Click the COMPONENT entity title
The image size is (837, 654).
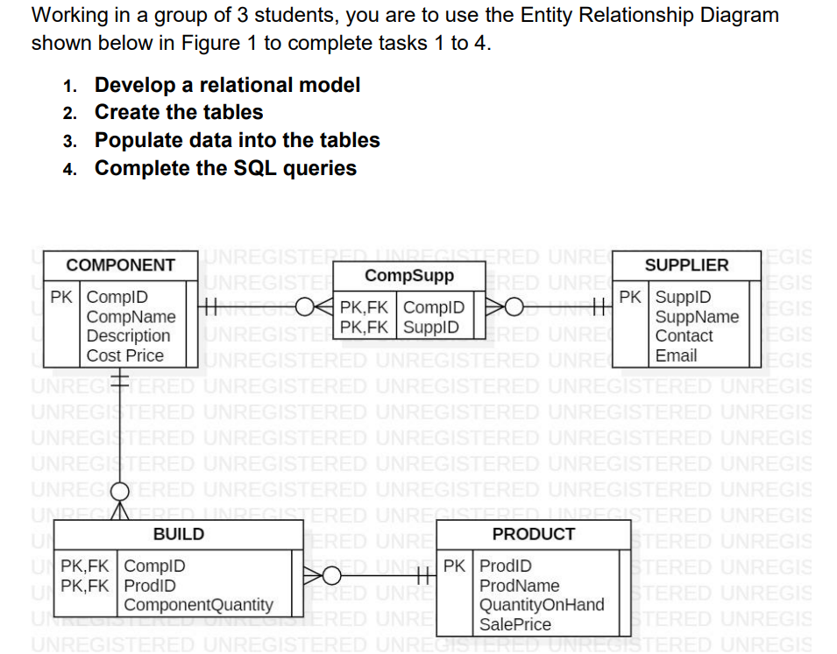[121, 265]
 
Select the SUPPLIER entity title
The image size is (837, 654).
[686, 265]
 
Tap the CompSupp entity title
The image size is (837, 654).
[409, 276]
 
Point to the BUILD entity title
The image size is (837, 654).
[179, 534]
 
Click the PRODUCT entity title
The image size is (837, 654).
[533, 534]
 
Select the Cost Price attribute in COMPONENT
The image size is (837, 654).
[125, 355]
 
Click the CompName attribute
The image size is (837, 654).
[131, 317]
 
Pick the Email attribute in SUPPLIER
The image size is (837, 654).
[676, 355]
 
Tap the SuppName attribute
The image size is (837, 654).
[697, 317]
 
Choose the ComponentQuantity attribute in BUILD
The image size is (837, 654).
[198, 605]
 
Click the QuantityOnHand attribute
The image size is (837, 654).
[542, 605]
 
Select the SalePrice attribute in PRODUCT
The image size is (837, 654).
[515, 624]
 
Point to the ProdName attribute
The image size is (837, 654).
[520, 586]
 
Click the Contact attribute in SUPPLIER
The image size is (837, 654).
[684, 336]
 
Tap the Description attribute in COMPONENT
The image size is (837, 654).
[129, 336]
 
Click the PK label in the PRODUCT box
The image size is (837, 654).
[455, 566]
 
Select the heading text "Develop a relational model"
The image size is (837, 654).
[227, 85]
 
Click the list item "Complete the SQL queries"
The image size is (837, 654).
[225, 168]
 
